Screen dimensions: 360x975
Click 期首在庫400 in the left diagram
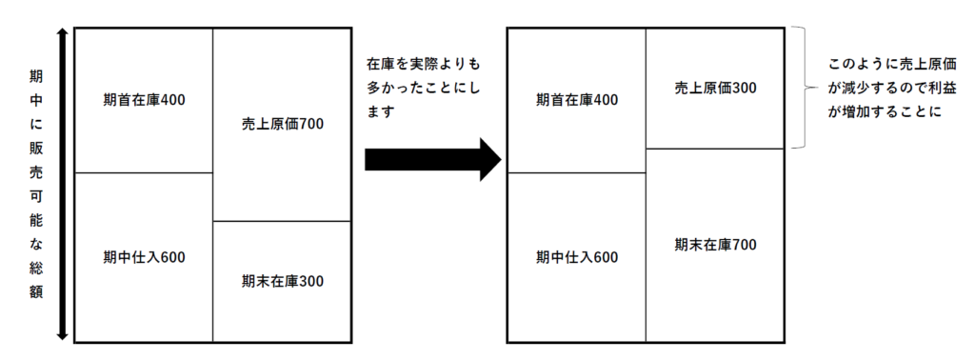click(143, 99)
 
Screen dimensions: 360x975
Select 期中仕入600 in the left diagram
click(143, 256)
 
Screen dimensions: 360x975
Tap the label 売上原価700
click(283, 124)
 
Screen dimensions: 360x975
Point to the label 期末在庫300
click(283, 281)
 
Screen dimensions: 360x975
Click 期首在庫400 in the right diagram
click(577, 99)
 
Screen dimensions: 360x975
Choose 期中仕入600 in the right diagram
click(577, 256)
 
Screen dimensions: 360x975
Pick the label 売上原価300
click(715, 89)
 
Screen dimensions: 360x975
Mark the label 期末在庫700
click(715, 245)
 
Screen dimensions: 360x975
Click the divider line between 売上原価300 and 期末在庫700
click(715, 149)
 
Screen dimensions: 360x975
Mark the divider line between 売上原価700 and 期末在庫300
click(283, 221)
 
